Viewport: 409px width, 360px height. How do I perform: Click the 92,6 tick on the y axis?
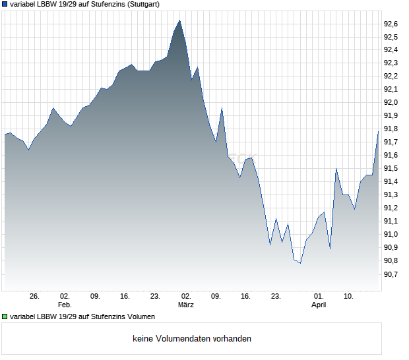(391, 24)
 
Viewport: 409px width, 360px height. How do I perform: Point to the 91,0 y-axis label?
(391, 235)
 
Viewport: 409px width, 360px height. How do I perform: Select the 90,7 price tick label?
(391, 274)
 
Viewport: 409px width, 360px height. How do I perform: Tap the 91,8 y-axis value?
(391, 129)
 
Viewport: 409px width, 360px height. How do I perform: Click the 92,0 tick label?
(391, 103)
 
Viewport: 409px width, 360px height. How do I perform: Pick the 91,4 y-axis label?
(391, 182)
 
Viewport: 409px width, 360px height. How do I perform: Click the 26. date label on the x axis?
(35, 296)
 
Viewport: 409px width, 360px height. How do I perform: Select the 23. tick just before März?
(156, 296)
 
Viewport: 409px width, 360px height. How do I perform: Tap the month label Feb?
(65, 305)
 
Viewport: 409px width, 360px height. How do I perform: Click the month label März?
(186, 305)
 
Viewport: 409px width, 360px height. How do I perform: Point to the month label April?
(319, 305)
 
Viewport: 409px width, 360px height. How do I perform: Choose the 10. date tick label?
(349, 296)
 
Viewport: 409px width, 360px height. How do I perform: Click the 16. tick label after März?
(246, 296)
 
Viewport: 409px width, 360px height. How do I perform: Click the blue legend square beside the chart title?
(5, 4)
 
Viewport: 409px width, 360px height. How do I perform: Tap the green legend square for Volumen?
(5, 316)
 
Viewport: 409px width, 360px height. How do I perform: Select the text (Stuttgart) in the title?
(141, 4)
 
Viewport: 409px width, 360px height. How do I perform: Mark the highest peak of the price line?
(179, 20)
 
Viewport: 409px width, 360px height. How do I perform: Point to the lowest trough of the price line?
(300, 263)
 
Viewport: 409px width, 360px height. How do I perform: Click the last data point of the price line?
(378, 131)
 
